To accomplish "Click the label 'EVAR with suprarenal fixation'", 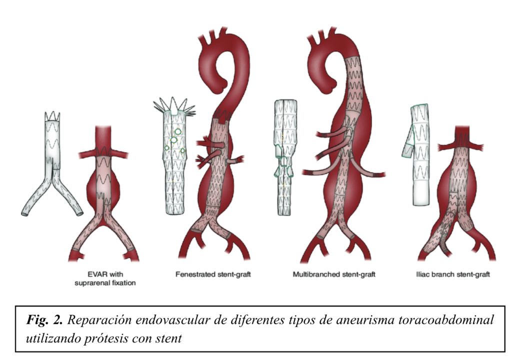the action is point(105,278).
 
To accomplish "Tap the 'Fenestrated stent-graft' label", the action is point(213,274).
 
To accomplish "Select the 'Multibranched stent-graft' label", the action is point(334,274).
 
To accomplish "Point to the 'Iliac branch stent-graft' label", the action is point(453,274).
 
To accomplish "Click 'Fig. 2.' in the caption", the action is point(44,320).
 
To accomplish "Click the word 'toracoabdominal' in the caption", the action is point(446,320).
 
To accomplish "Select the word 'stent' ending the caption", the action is point(168,338).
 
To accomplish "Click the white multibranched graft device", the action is point(284,157).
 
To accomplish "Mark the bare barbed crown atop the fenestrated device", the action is point(174,106).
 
